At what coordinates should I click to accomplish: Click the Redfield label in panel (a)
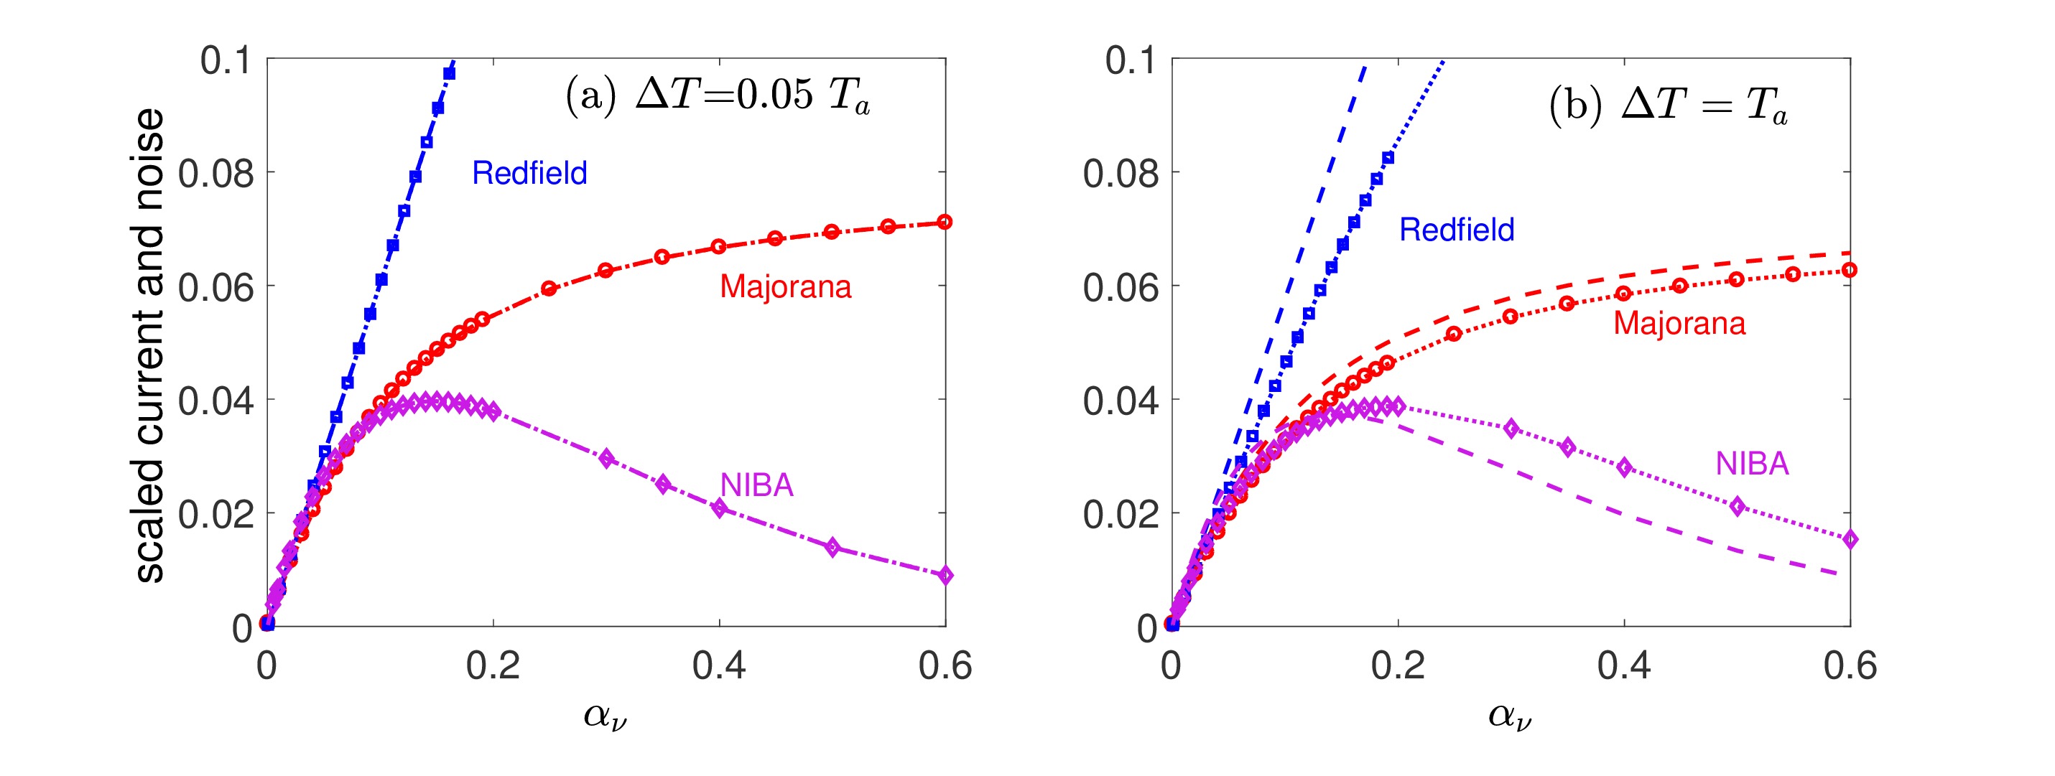coord(529,173)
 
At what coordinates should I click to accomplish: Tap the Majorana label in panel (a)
coord(785,286)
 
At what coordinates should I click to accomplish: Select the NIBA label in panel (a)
coord(756,485)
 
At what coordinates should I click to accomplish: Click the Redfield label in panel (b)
coord(1457,230)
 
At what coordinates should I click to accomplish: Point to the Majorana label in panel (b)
coord(1679,323)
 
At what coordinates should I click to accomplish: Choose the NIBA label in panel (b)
coord(1752,463)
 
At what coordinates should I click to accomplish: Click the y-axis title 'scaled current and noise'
coord(149,345)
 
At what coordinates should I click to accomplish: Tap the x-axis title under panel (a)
coord(606,716)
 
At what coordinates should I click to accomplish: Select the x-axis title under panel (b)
coord(1510,716)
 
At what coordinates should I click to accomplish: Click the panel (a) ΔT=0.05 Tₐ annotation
coord(717,98)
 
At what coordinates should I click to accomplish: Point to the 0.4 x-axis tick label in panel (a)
coord(720,666)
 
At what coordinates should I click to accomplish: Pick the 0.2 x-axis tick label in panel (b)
coord(1398,666)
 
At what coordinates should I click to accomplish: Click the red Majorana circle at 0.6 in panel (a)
coord(945,222)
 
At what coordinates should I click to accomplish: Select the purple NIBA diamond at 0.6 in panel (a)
coord(945,575)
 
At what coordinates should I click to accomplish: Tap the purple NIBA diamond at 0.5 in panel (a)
coord(832,547)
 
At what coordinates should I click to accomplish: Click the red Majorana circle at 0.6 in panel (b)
coord(1849,271)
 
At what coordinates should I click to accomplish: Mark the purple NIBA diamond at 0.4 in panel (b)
coord(1624,467)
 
